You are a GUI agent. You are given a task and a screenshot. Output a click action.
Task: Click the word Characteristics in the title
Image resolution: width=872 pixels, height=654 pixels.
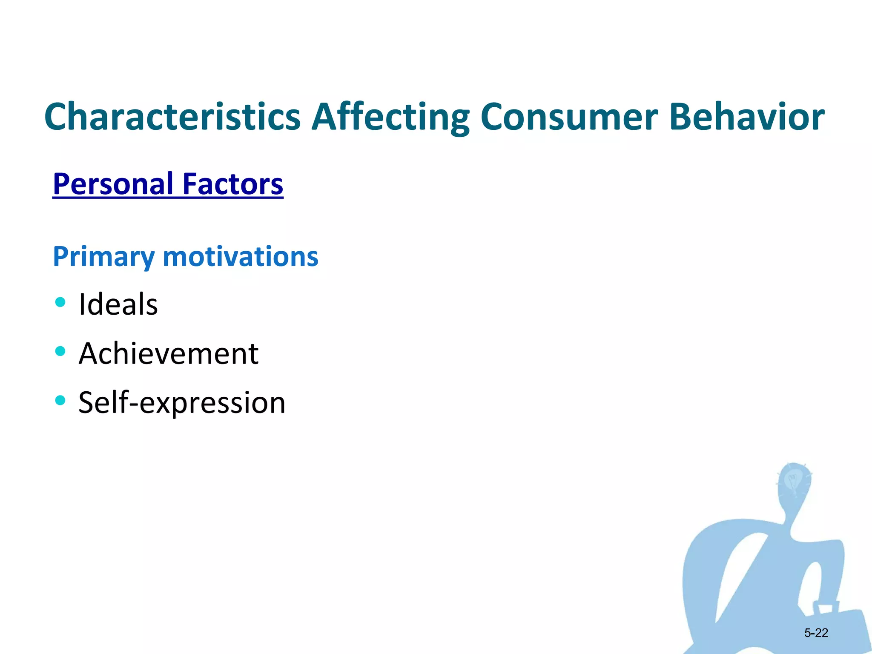coord(172,117)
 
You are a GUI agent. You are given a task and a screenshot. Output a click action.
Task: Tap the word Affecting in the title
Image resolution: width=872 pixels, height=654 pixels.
coord(390,117)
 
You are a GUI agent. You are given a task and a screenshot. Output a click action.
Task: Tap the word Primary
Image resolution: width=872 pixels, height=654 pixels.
coord(103,257)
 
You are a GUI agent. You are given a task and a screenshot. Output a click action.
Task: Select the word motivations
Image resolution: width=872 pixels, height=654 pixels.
coord(241,257)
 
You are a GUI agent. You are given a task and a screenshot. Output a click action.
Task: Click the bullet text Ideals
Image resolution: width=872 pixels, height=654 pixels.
coord(118,304)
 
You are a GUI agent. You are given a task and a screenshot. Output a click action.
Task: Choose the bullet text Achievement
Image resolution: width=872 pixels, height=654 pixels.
coord(169,353)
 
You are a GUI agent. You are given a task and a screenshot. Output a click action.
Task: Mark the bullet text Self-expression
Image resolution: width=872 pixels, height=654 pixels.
coord(182,402)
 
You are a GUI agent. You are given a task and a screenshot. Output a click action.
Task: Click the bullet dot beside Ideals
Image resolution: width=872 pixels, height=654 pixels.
coord(60,302)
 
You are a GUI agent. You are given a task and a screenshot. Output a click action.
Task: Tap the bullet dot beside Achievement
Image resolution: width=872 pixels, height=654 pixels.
coord(60,351)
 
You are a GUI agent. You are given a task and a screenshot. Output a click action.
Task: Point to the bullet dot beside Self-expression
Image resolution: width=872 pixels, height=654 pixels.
coord(60,400)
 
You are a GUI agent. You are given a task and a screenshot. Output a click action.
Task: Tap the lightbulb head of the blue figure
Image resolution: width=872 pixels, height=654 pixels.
coord(793,481)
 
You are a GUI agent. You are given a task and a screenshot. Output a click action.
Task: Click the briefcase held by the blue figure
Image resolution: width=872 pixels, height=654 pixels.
coord(835,626)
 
